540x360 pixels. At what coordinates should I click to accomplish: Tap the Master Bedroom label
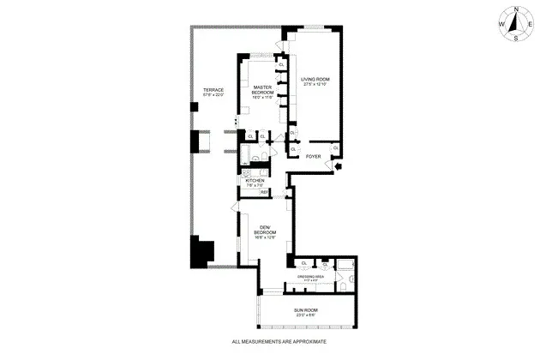(262, 90)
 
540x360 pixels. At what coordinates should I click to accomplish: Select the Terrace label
(213, 90)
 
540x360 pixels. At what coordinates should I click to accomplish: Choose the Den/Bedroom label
(265, 229)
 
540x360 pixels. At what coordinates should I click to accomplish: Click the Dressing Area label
(310, 277)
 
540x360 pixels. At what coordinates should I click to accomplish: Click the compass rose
(514, 24)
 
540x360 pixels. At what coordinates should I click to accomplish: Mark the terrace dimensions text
(213, 96)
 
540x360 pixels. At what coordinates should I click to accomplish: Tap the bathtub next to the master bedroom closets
(246, 155)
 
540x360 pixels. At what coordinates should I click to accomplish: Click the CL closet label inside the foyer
(335, 147)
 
